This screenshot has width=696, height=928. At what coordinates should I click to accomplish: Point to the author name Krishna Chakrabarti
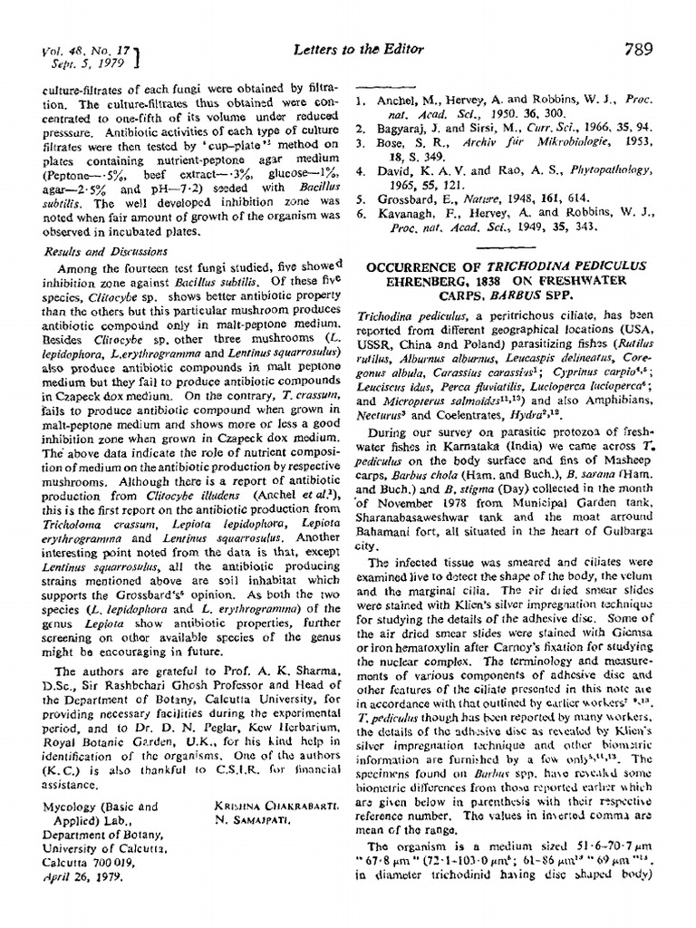(x=263, y=806)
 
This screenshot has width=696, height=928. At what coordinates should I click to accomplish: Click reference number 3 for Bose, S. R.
(x=360, y=143)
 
